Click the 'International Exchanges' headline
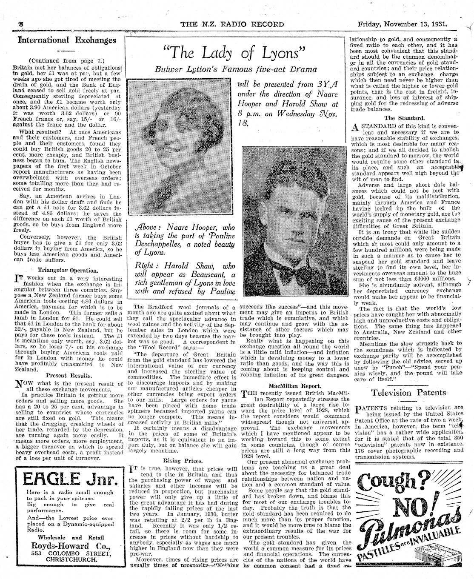click(66, 40)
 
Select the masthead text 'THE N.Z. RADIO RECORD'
click(233, 24)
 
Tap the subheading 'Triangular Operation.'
click(68, 270)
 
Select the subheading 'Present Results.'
click(69, 376)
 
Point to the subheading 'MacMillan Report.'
click(294, 386)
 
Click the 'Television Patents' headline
click(408, 392)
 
